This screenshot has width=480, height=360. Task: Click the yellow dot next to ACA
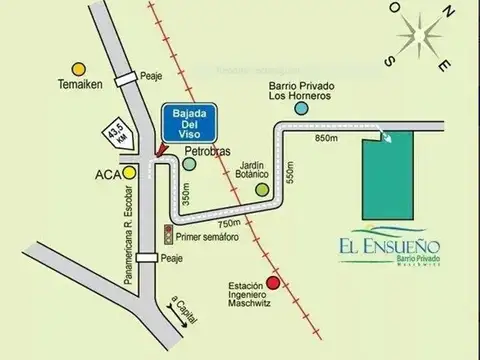[x=129, y=172]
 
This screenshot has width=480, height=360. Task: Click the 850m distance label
[x=328, y=137]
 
